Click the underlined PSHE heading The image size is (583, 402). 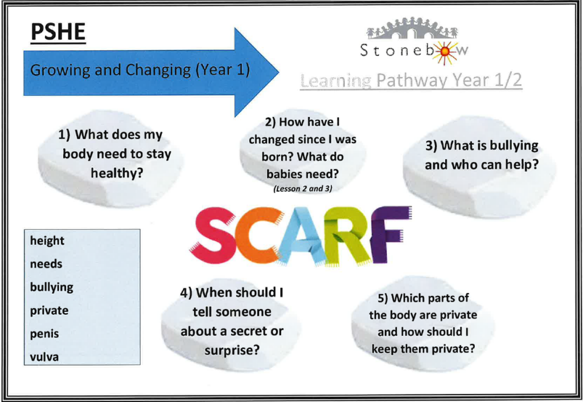[58, 32]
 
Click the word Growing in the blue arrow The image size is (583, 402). [60, 70]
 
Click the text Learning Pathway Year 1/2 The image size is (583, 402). [411, 81]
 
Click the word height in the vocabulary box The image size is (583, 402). [47, 241]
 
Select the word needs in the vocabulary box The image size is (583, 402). [46, 264]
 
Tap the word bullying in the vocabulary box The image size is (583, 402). [52, 287]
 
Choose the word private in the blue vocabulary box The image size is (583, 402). [49, 311]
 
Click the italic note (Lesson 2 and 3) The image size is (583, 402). [303, 189]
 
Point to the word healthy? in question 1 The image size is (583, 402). [117, 173]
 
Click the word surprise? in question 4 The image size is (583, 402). [232, 351]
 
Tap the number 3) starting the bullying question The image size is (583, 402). [431, 146]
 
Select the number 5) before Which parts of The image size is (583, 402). [383, 299]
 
